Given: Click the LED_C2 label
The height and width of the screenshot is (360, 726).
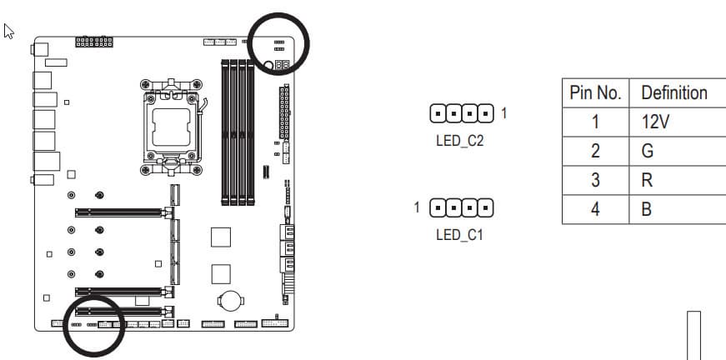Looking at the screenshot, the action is point(459,141).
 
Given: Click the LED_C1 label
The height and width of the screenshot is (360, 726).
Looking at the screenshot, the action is point(459,235).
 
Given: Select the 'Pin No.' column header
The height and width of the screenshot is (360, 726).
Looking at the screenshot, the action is point(595,92).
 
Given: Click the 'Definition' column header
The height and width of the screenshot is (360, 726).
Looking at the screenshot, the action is point(674,92).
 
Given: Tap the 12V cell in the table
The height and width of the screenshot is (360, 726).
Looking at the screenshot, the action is point(655,122).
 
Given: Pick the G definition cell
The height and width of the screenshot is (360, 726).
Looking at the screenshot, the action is point(648,152).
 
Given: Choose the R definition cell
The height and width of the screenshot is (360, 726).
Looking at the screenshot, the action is point(647,180).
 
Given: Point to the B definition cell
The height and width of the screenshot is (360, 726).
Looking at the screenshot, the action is point(646,209).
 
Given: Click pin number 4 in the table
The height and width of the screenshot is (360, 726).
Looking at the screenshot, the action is point(595,209).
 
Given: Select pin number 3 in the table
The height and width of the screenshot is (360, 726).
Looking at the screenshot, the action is point(595,180).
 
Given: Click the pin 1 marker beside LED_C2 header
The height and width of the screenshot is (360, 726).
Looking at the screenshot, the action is point(504,112).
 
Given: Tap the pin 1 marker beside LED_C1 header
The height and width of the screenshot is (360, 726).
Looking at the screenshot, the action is point(417,207).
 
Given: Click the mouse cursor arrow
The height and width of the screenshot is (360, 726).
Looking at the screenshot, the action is point(9,32).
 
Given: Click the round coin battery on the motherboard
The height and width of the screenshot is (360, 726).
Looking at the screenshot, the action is point(230,300).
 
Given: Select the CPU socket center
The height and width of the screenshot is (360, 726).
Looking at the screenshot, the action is point(172,127).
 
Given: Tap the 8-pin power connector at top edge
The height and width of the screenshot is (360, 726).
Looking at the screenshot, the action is point(94,42).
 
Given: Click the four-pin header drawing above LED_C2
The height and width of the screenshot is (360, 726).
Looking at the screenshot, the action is point(462,113).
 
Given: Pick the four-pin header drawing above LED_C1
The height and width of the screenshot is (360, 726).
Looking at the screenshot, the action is point(462,207).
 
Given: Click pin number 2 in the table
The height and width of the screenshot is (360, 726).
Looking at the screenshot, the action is point(595,152).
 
